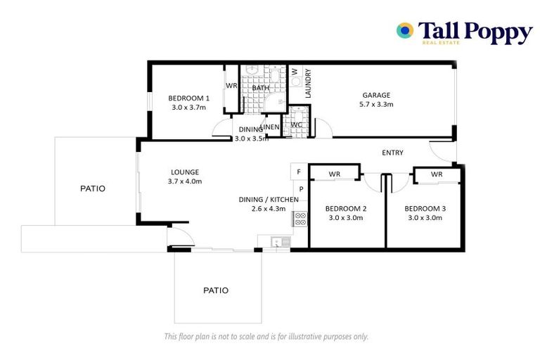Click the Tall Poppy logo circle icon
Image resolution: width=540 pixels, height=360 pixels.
pos(404,30)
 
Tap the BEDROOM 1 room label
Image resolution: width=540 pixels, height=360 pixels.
pos(188,98)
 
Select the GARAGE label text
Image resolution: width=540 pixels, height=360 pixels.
pos(376,95)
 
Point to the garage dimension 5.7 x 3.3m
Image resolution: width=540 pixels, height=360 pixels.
pos(376,105)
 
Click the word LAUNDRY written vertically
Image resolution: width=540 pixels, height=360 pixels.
pos(308,83)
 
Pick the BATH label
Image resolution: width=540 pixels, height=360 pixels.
pos(261,88)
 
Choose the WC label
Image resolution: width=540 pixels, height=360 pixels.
pos(296,125)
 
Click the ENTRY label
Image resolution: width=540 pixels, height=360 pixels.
pos(392,153)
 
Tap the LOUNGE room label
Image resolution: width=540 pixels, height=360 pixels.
pos(185,172)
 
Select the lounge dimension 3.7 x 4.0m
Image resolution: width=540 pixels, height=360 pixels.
pos(185,181)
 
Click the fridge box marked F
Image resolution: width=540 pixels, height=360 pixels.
pos(299,172)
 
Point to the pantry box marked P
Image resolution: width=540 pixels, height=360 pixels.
pos(300,189)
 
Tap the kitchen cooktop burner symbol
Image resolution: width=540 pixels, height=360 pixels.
pos(300,218)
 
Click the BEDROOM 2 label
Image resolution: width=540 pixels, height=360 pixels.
pos(345,208)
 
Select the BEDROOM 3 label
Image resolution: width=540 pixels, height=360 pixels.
pos(423,208)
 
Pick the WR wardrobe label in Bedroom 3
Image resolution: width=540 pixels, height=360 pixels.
pos(436,174)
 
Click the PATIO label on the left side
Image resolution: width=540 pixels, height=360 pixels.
pos(92,188)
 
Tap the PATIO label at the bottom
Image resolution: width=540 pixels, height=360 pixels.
pos(216,290)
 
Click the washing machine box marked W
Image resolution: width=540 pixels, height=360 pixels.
pos(295,72)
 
